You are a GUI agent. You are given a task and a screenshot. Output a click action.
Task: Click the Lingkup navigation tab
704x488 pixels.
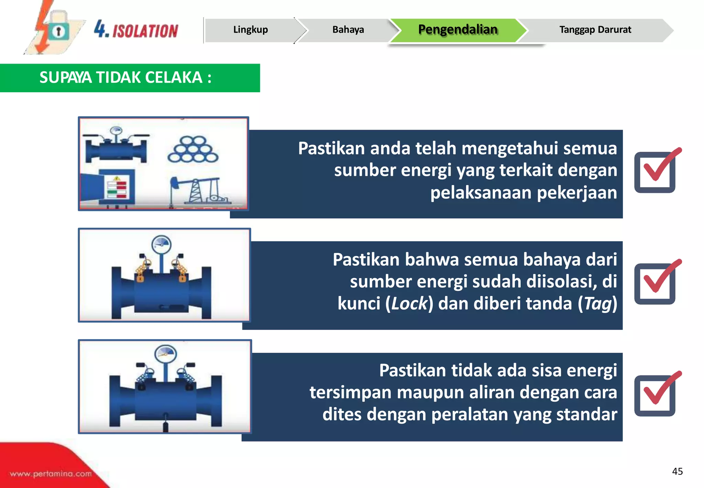click(x=251, y=30)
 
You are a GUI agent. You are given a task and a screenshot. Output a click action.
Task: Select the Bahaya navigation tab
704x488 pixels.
click(x=348, y=30)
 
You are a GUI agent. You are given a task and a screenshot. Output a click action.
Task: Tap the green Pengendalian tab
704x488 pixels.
click(x=458, y=30)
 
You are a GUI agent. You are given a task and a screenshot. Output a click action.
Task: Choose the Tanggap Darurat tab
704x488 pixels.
click(x=595, y=30)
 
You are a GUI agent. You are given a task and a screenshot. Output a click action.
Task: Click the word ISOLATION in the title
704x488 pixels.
click(x=145, y=31)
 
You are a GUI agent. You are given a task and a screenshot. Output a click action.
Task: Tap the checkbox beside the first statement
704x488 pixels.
click(x=655, y=172)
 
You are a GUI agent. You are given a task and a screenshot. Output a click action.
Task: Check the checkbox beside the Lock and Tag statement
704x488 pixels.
click(x=655, y=284)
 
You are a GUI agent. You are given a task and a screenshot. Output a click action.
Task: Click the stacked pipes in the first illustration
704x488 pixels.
click(x=193, y=150)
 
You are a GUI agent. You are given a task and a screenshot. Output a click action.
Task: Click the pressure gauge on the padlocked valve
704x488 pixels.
click(x=161, y=245)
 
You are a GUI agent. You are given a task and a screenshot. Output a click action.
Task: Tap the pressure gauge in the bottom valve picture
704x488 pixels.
click(x=166, y=354)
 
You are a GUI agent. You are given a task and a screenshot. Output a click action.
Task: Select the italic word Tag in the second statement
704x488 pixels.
click(x=598, y=304)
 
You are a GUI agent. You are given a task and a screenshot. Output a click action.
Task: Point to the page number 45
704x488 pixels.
click(x=677, y=471)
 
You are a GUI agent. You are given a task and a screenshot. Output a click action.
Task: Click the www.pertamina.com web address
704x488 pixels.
click(x=51, y=474)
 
